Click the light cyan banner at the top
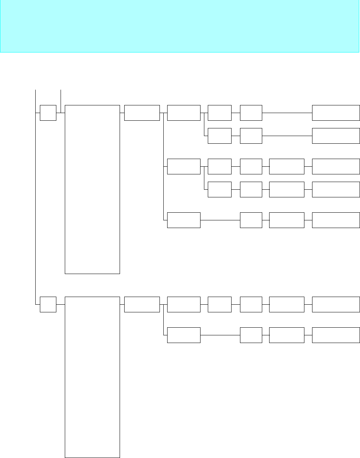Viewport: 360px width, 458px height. [180, 26]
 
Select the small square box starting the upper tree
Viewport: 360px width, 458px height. [48, 113]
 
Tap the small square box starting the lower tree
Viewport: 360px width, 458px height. [48, 304]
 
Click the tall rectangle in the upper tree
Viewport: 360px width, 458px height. [92, 189]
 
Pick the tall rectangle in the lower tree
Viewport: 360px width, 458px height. [92, 377]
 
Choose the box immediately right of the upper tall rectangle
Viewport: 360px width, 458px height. [142, 113]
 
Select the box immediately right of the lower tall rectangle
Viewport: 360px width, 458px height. [142, 304]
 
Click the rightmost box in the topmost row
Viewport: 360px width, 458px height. [336, 113]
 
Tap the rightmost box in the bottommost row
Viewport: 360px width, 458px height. [336, 335]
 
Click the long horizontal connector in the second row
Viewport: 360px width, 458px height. [287, 136]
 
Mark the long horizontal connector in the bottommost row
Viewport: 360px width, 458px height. [220, 335]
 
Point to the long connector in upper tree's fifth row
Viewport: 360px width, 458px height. [220, 220]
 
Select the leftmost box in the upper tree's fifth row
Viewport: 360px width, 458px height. [184, 220]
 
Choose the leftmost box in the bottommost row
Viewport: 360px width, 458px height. [184, 335]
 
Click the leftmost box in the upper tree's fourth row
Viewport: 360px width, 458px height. [220, 189]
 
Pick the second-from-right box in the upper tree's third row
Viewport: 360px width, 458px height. [287, 166]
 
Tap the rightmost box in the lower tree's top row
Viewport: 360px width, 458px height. [336, 304]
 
